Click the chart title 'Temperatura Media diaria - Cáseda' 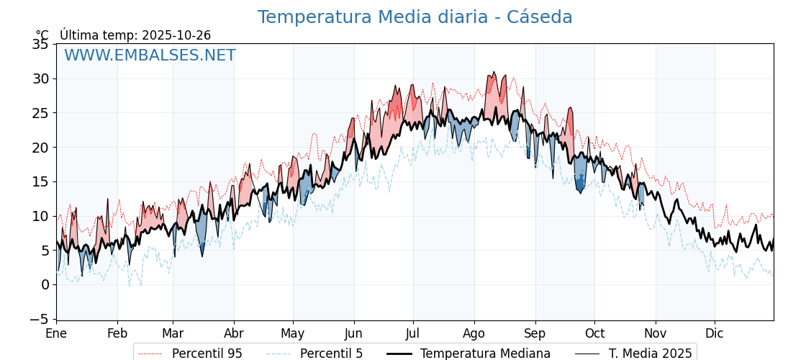[x=415, y=17]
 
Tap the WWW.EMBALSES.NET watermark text [x=150, y=55]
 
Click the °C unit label [x=42, y=35]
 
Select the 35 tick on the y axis [x=40, y=45]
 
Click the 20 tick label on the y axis [x=40, y=148]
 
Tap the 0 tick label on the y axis [x=45, y=285]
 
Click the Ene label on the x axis [x=56, y=334]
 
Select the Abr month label [x=234, y=334]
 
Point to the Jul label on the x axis [x=413, y=334]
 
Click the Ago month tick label [x=474, y=334]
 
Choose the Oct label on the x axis [x=594, y=334]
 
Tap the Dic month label [x=715, y=334]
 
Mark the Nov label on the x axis [x=656, y=334]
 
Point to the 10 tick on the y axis [x=40, y=216]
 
